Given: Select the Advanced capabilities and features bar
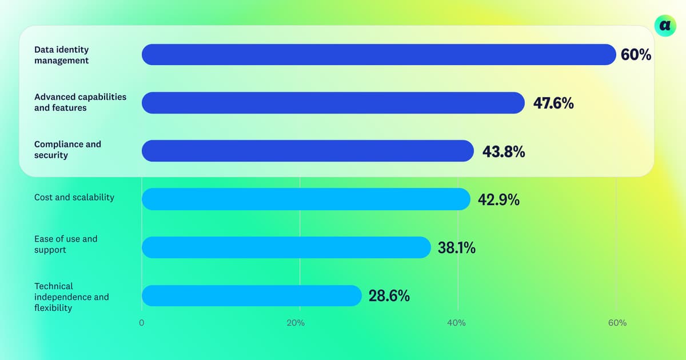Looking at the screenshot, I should [x=333, y=103].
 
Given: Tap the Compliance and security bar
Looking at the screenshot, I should [x=308, y=151].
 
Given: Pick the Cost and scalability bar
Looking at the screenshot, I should [x=306, y=199].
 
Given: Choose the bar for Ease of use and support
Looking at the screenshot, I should [x=286, y=247].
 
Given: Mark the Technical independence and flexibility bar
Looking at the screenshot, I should [x=252, y=295].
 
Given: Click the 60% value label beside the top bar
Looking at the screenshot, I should [x=636, y=55].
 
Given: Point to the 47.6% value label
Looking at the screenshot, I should [x=553, y=103].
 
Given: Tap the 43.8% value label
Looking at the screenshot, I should [x=504, y=151].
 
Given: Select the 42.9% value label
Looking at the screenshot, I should [x=498, y=200].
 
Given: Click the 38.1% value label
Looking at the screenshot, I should [x=456, y=248].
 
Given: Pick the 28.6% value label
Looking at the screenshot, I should [x=389, y=296].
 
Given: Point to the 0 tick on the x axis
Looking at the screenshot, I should [x=142, y=323].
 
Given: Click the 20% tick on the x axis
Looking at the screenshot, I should [x=296, y=323].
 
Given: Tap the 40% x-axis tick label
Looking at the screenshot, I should [x=456, y=323].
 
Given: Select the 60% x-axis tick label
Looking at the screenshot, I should [x=617, y=323].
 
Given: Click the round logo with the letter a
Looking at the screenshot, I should [x=665, y=25].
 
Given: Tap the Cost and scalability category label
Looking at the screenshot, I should [x=74, y=197].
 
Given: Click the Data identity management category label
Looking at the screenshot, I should [x=62, y=55].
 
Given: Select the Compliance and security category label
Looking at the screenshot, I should [x=67, y=150].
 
